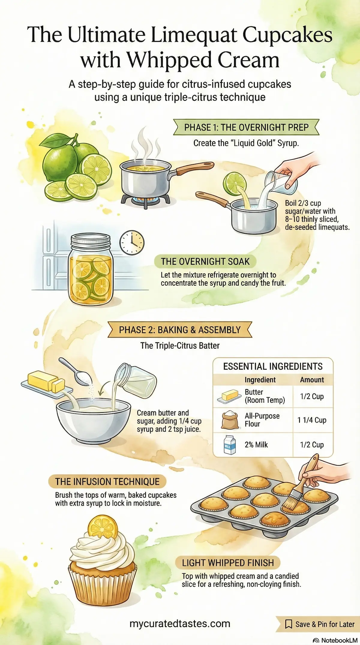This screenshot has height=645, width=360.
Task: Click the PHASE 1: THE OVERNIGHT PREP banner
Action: (x=246, y=127)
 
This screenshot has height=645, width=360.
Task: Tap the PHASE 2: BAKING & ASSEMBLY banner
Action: (x=180, y=330)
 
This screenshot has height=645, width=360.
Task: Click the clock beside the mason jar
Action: (x=132, y=243)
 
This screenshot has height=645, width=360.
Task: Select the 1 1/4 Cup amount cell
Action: (x=312, y=420)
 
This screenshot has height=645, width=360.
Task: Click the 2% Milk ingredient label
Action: (x=256, y=445)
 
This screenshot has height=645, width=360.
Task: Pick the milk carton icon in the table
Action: (x=230, y=445)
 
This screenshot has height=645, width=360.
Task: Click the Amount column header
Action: (x=312, y=380)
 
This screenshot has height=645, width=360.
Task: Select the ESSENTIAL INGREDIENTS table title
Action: (x=273, y=366)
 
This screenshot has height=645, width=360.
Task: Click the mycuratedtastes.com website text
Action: (x=180, y=624)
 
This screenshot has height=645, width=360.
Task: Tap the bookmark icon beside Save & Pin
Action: (x=289, y=624)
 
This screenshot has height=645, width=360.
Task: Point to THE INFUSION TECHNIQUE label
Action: (x=107, y=481)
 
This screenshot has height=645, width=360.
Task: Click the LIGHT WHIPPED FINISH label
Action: (x=228, y=563)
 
